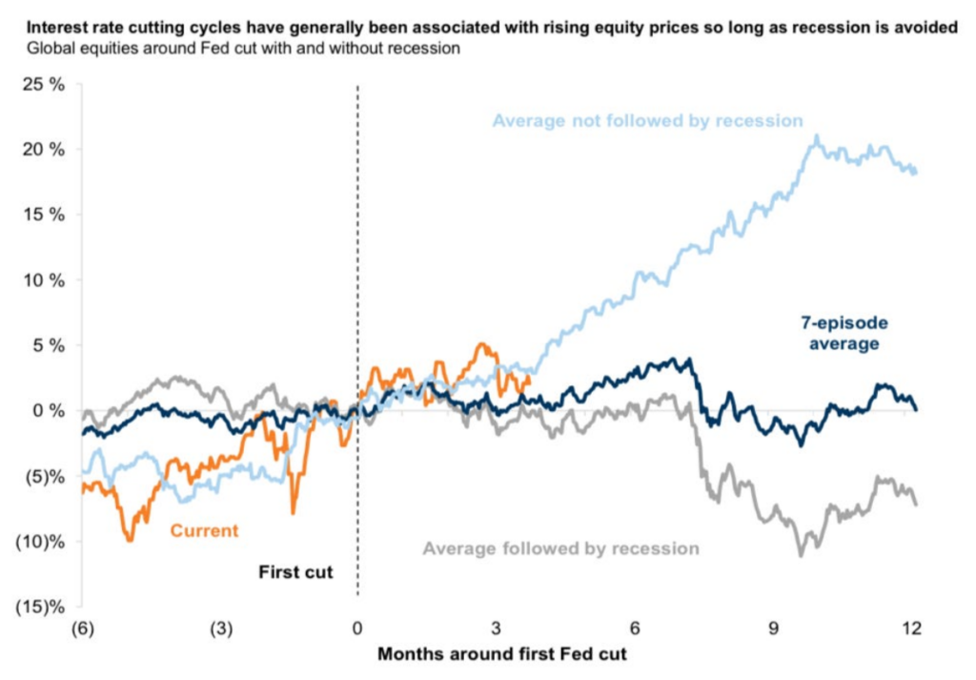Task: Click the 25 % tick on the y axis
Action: pyautogui.click(x=44, y=85)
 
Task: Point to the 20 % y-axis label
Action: pyautogui.click(x=44, y=150)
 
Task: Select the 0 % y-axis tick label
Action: pyautogui.click(x=48, y=410)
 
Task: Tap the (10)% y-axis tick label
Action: pyautogui.click(x=40, y=541)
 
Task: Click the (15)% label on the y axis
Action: pyautogui.click(x=40, y=606)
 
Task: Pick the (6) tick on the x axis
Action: pyautogui.click(x=82, y=628)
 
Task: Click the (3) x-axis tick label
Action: pyautogui.click(x=219, y=628)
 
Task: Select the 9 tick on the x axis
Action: pyautogui.click(x=774, y=628)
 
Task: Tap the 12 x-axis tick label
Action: pyautogui.click(x=912, y=628)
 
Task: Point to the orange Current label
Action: pyautogui.click(x=204, y=530)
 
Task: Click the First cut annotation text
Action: pyautogui.click(x=295, y=573)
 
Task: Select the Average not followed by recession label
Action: pyautogui.click(x=647, y=121)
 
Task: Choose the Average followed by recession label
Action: pyautogui.click(x=560, y=548)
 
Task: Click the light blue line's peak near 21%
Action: pyautogui.click(x=816, y=136)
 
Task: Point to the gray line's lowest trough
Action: pyautogui.click(x=801, y=554)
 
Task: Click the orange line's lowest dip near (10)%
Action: pyautogui.click(x=130, y=540)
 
